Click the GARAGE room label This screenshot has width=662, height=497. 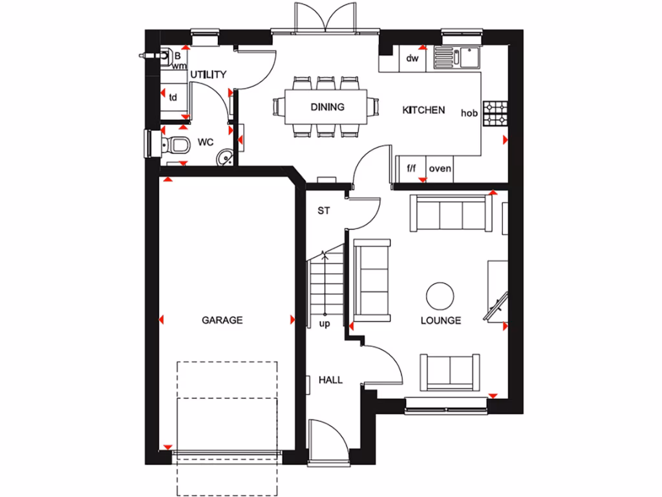222,320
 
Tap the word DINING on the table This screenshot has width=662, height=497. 327,107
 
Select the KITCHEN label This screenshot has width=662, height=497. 423,110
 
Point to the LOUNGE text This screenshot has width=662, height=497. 440,320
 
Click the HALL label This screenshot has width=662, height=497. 330,380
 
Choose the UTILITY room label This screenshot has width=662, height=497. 208,75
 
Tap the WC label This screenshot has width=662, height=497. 206,141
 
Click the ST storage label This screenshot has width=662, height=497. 323,211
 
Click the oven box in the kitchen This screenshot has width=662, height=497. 440,169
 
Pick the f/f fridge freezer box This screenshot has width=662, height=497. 411,169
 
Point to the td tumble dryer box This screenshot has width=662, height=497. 173,98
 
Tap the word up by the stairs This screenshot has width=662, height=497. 325,324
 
